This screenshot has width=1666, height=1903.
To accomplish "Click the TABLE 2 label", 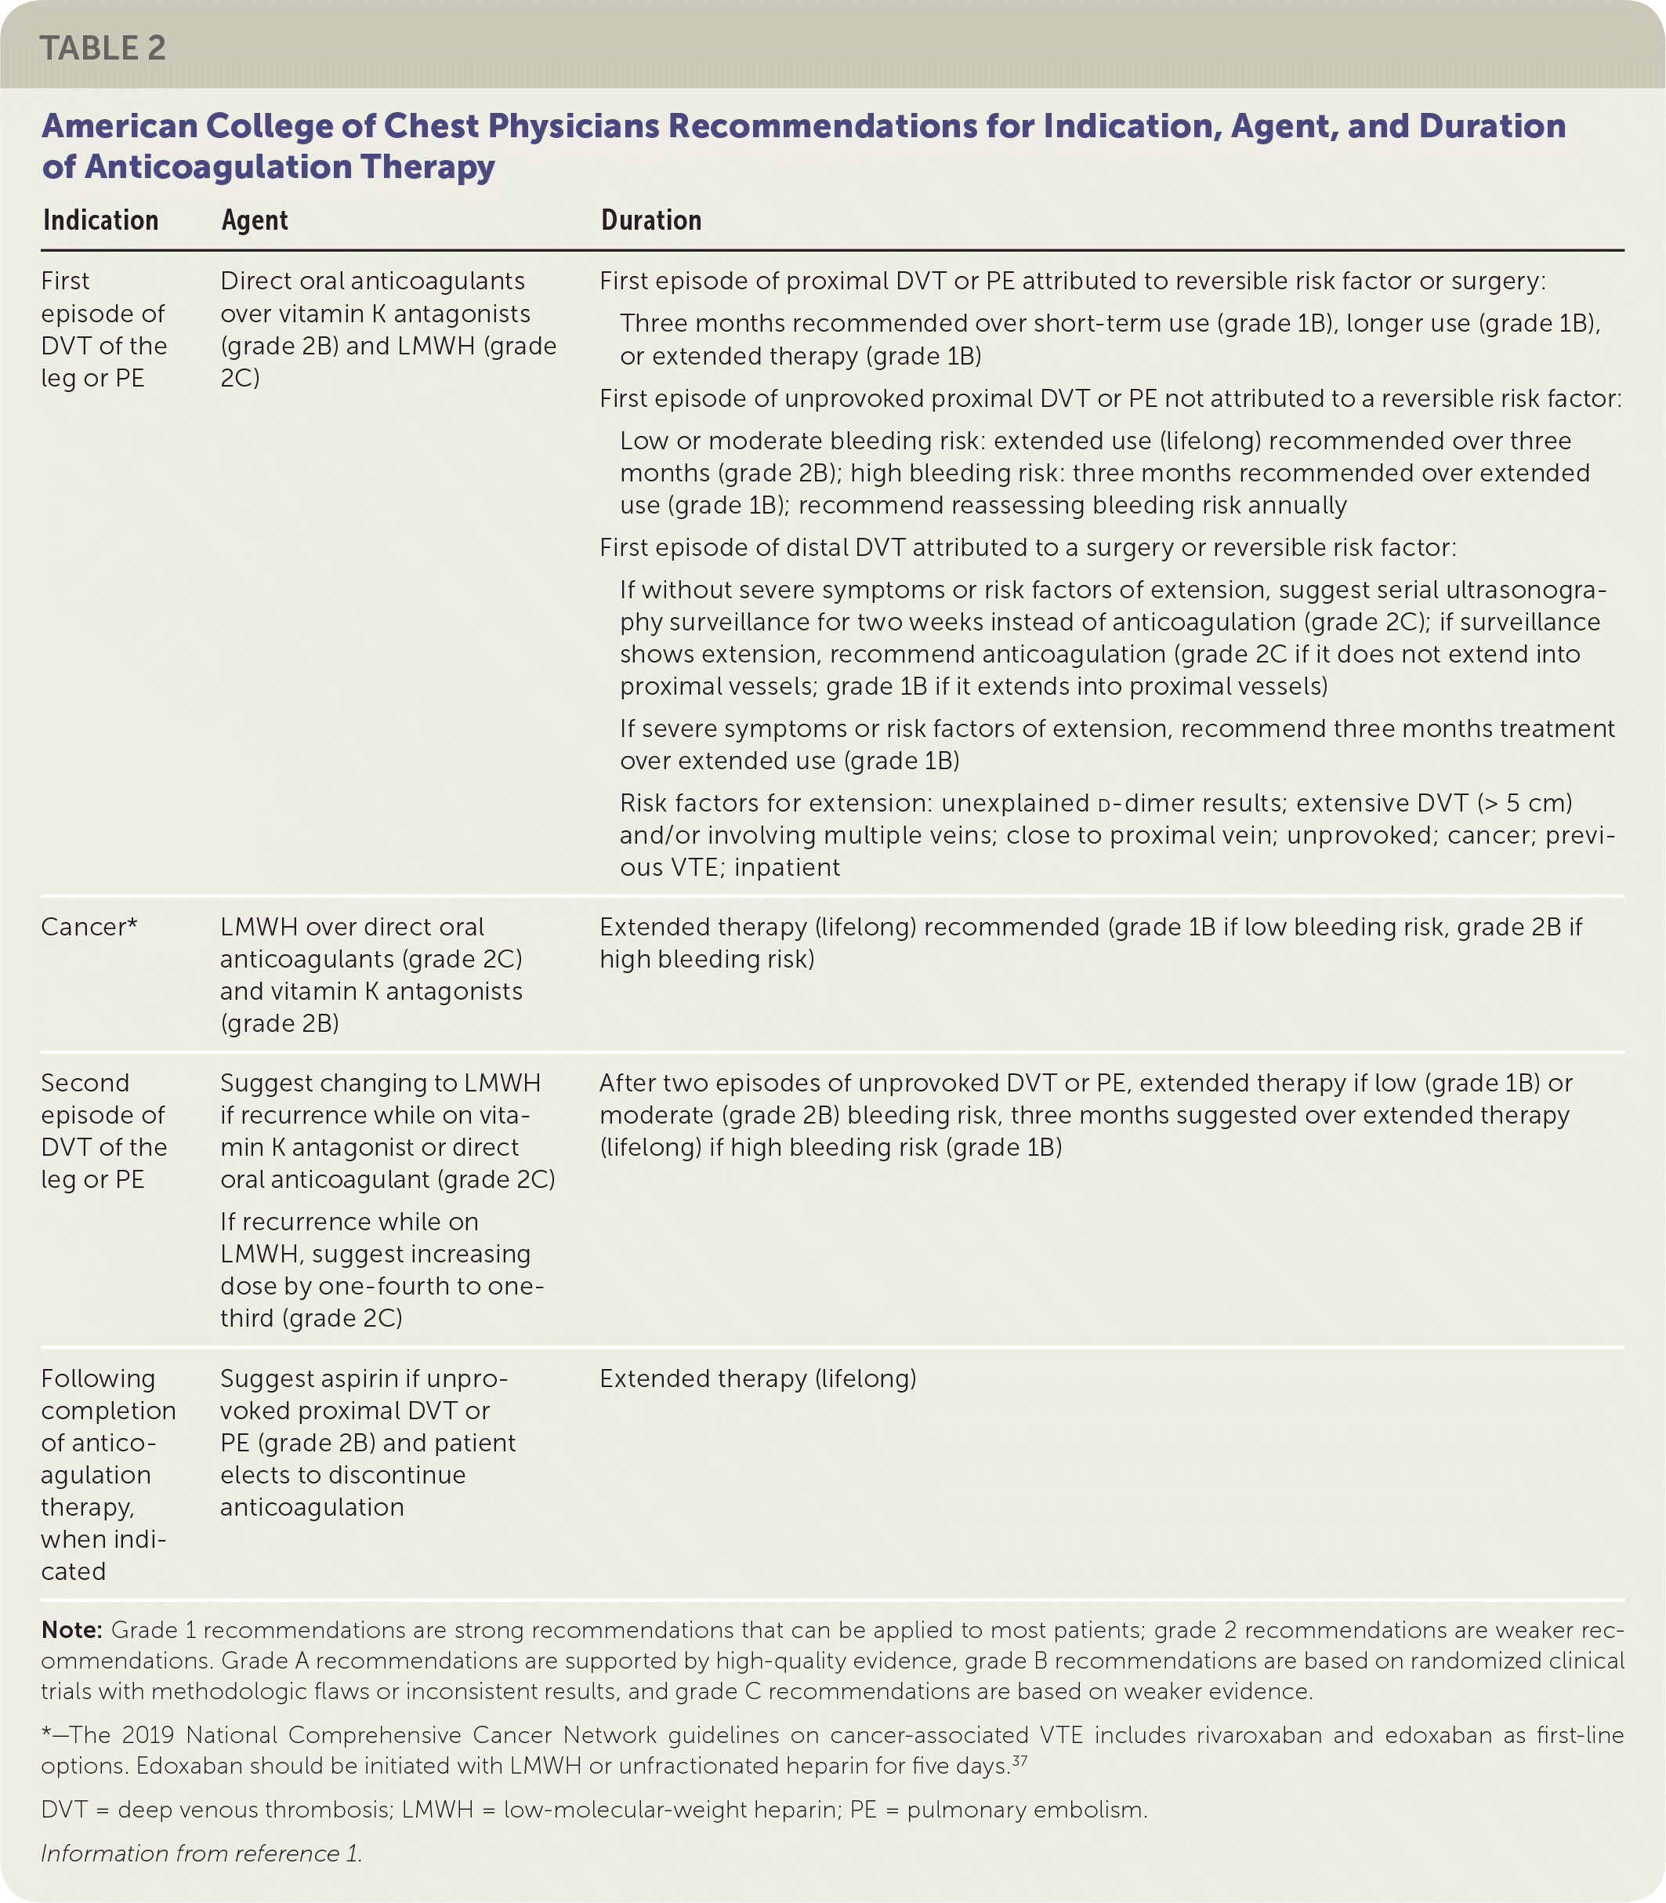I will (x=103, y=49).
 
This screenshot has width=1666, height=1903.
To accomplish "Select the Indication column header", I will (x=100, y=220).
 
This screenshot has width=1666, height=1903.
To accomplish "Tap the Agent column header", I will (x=254, y=220).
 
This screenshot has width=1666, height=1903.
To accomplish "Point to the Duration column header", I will (x=650, y=220).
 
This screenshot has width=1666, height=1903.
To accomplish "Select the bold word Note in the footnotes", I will (x=71, y=1629).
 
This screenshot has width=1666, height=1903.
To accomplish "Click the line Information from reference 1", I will (x=201, y=1853).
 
